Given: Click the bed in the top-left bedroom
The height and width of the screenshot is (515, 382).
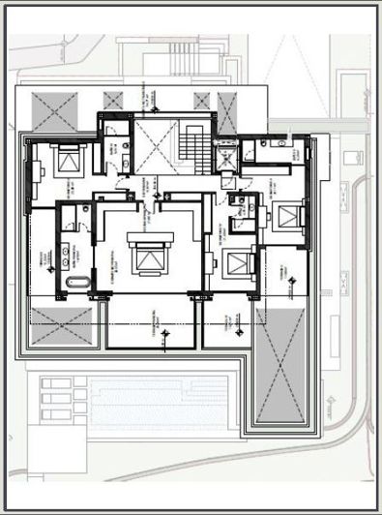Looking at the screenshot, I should pos(67,160).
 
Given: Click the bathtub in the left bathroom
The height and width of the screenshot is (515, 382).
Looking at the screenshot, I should pos(77,284).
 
